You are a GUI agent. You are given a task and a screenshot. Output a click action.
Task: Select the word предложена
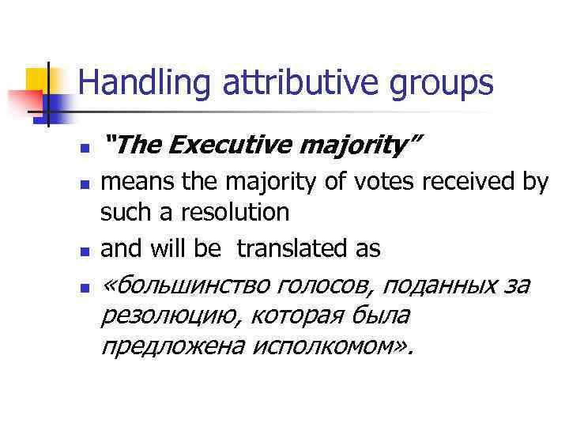point(164,346)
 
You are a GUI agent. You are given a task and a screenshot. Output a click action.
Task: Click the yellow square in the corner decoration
point(37,79)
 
